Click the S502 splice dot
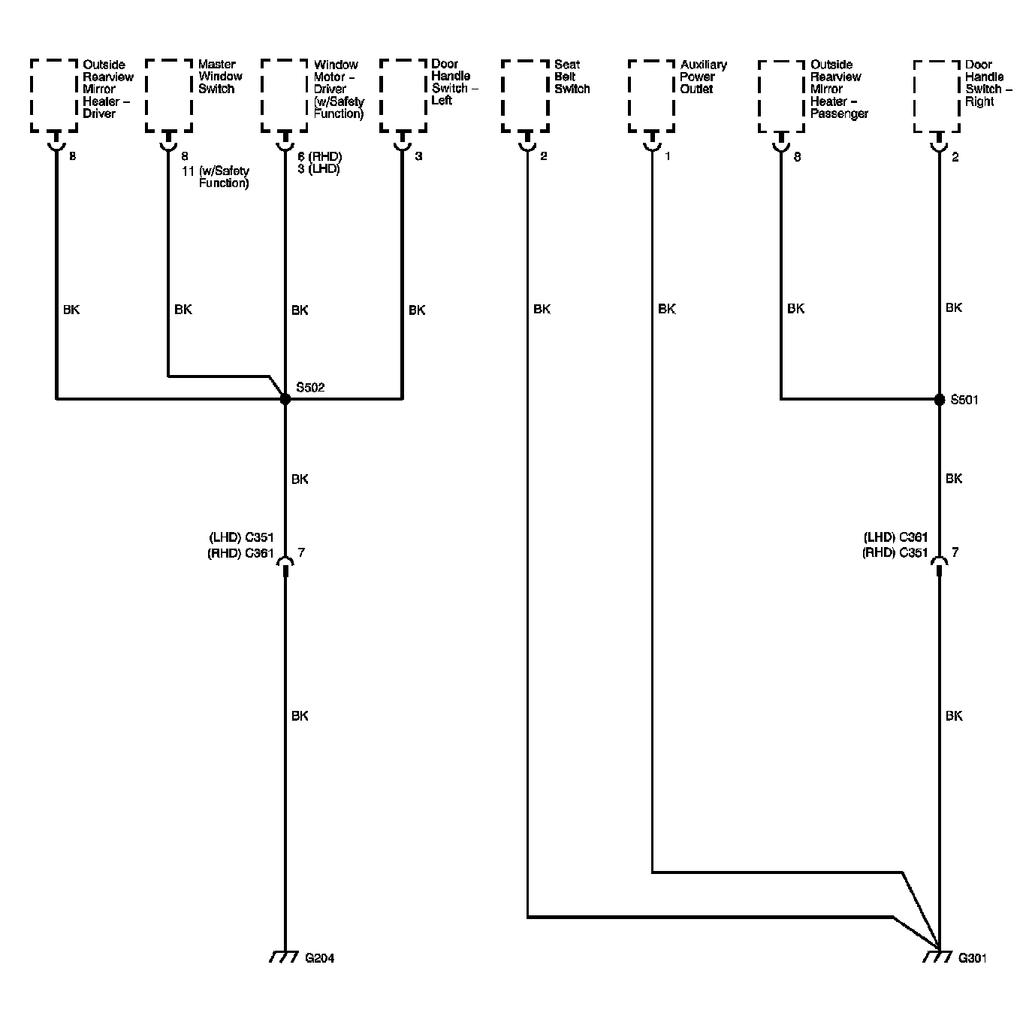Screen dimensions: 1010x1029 click(x=285, y=399)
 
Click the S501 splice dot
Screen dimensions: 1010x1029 click(x=939, y=399)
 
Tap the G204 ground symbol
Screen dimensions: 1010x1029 click(x=285, y=957)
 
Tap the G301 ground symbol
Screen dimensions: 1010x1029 click(x=937, y=957)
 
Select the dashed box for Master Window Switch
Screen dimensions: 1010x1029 click(x=169, y=95)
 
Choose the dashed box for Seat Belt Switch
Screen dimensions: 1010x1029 click(x=525, y=95)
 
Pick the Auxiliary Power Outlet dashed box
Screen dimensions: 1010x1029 click(x=651, y=95)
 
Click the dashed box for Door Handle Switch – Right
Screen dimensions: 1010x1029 click(x=937, y=95)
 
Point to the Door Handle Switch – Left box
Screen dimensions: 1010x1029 click(x=403, y=95)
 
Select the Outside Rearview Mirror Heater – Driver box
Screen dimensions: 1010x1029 click(x=54, y=95)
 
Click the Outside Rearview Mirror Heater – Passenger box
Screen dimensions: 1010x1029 click(x=782, y=95)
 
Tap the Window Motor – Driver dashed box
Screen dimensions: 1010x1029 click(x=285, y=95)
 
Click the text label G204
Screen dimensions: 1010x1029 click(x=320, y=958)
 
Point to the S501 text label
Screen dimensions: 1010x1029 click(x=964, y=400)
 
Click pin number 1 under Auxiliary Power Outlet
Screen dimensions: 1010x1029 click(x=668, y=157)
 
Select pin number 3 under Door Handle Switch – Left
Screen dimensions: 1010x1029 click(x=418, y=157)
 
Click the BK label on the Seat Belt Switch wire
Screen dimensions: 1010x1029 click(x=542, y=309)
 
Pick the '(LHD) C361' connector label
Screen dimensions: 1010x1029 click(x=895, y=537)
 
